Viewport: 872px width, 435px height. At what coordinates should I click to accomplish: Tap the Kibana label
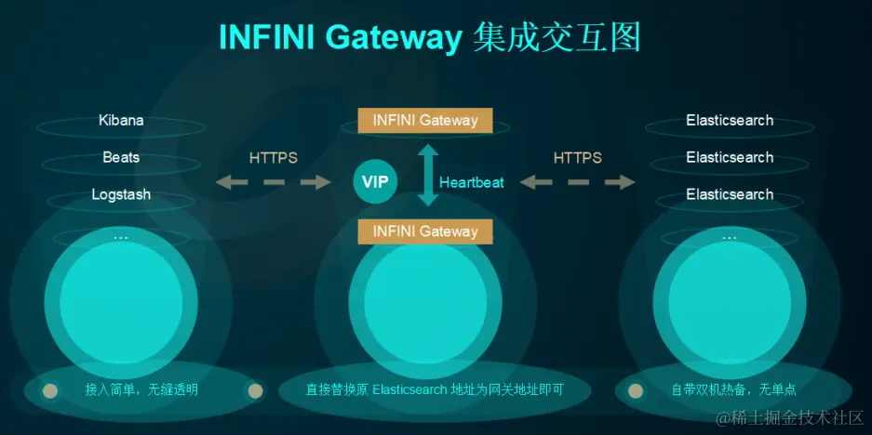tap(121, 120)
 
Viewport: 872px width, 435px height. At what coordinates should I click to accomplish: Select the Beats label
tap(121, 157)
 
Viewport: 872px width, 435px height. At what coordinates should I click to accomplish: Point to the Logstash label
tap(121, 194)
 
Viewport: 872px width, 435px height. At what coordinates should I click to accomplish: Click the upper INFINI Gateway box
tap(425, 120)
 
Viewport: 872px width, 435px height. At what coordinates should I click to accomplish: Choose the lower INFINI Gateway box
tap(425, 231)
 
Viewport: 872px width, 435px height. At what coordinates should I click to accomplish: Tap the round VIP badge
tap(375, 181)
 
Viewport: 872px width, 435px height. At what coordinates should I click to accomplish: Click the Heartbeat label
tap(472, 182)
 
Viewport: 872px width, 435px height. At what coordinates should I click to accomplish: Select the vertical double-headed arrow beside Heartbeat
tap(426, 175)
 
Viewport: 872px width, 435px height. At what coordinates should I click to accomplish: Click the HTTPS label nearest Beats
tap(274, 158)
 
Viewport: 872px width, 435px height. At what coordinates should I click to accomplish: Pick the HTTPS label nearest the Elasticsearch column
tap(578, 158)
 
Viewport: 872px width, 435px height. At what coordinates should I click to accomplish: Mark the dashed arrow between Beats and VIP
tap(274, 182)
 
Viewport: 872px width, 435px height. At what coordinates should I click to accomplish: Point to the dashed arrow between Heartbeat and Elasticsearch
tap(578, 182)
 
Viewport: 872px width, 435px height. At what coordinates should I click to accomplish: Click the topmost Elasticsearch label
tap(730, 120)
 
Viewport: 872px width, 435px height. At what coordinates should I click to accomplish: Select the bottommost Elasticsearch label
tap(730, 194)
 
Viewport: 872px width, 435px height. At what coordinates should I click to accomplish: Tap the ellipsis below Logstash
tap(121, 237)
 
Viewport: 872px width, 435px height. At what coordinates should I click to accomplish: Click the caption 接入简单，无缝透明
tap(142, 389)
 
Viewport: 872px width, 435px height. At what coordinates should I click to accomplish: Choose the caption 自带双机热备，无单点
tap(733, 389)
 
